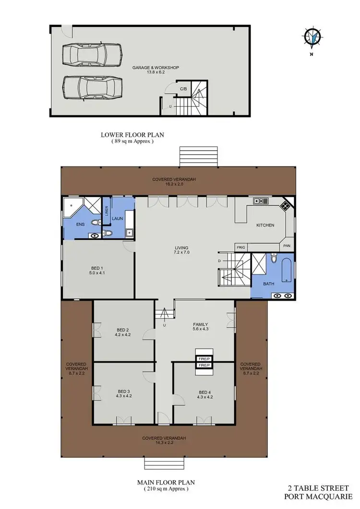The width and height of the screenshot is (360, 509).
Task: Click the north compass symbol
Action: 315,37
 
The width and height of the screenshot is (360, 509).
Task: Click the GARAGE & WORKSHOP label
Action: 156,68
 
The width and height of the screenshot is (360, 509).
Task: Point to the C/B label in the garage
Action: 183,89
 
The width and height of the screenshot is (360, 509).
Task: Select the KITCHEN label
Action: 265,225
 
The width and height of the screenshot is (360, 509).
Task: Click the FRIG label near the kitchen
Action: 241,247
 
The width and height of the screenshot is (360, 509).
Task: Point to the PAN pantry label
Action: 287,246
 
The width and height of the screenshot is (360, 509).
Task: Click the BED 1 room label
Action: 97,268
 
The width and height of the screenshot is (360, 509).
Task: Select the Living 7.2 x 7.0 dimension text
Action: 182,252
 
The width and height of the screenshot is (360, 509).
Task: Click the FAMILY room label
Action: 201,324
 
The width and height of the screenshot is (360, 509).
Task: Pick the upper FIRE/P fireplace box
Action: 204,358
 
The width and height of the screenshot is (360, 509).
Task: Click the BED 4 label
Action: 205,392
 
